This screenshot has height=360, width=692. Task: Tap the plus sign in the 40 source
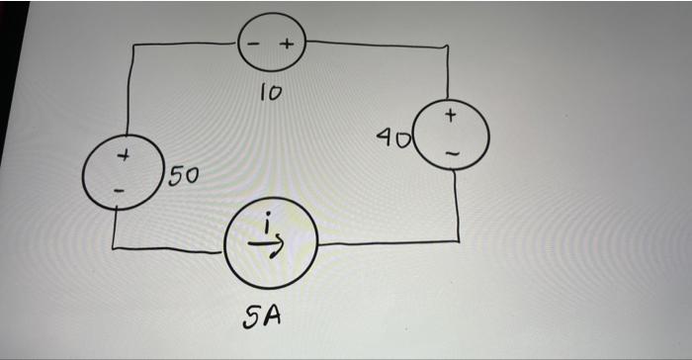(451, 118)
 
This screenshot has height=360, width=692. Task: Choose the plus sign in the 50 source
(124, 156)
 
